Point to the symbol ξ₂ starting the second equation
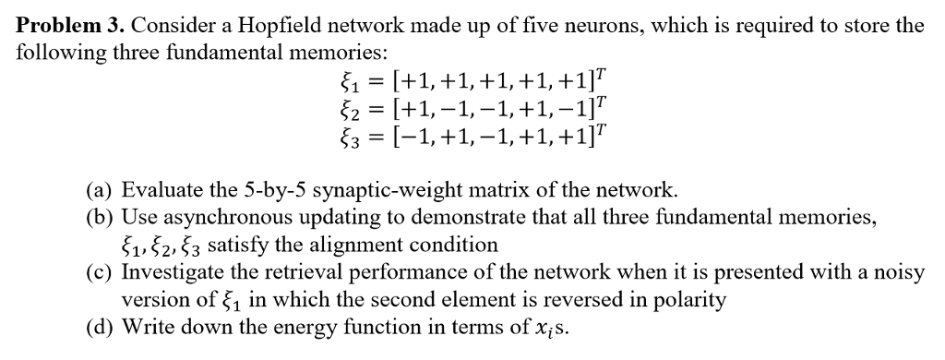click(x=349, y=110)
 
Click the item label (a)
click(x=100, y=190)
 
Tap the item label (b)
click(x=100, y=218)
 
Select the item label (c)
click(x=100, y=273)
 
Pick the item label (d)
click(x=100, y=328)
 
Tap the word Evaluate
click(x=161, y=190)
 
